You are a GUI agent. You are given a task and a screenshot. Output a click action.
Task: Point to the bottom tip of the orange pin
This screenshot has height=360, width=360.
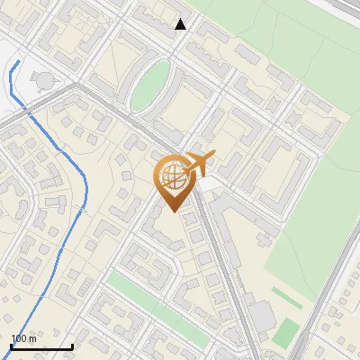[172, 212]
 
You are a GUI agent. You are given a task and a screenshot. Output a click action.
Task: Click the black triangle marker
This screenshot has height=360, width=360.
[181, 24]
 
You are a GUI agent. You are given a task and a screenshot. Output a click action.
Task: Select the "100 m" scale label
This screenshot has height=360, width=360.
[24, 338]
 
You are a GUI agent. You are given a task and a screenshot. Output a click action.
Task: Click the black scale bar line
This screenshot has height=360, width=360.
[41, 346]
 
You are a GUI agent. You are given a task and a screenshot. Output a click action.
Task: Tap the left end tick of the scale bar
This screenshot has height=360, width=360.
[11, 346]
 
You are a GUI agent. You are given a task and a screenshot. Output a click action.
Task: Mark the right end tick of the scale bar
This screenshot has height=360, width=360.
[72, 346]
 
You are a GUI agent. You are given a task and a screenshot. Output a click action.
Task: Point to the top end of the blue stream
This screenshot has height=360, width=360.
[18, 61]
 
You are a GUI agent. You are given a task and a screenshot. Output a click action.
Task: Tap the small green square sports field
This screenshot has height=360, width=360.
[285, 332]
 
